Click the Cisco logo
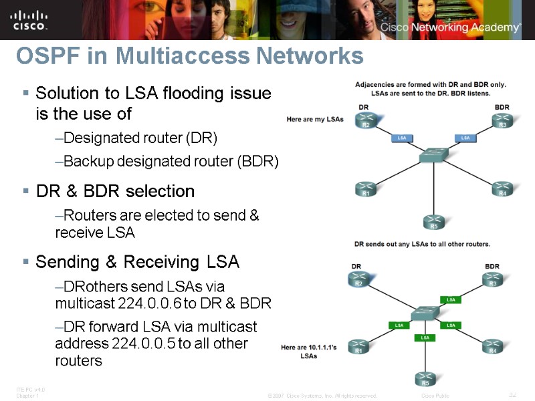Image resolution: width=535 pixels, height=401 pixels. pos(29,19)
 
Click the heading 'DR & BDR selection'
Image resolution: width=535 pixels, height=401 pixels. pos(115,191)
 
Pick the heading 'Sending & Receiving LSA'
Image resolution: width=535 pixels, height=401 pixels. pos(137,261)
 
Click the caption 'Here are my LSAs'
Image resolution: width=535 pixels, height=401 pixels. pos(314,120)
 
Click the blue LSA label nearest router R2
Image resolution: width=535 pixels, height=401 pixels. pos(402,138)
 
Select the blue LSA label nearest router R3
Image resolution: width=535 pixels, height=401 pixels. pos(465,138)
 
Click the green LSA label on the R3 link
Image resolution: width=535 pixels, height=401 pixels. pos(451,299)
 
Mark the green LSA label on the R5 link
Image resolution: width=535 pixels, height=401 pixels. pos(425,338)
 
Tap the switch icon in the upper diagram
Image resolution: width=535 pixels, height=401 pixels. pos(433,156)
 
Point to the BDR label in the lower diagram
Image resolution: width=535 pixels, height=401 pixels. pos(492,266)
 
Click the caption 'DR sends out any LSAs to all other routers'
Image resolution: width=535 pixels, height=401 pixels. pos(422,243)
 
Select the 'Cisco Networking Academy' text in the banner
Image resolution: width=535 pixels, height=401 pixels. pos(449,27)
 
